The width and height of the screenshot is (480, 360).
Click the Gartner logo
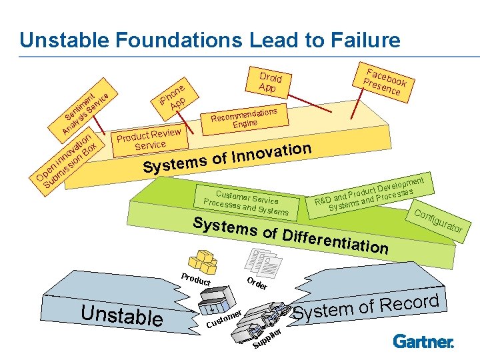423,342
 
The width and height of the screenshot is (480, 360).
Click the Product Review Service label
149,138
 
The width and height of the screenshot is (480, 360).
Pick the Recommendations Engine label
244,115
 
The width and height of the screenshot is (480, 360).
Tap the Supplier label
271,338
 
